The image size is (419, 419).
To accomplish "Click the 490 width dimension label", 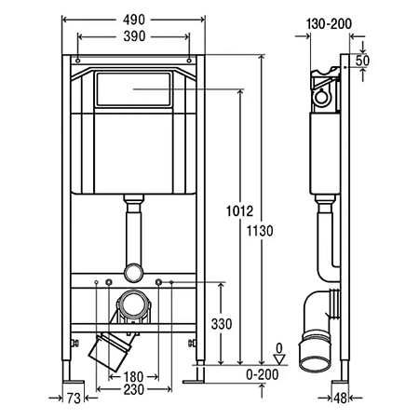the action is coord(134,20).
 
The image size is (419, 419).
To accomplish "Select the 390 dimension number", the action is coord(134,36).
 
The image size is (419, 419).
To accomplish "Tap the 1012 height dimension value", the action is coord(239,211).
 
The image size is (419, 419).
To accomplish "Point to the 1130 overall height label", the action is coord(260,231).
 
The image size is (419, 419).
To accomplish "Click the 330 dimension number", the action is coord(222,324).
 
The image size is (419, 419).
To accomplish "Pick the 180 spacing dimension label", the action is coord(133,377).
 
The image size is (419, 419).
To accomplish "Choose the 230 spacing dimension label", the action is coord(134,390).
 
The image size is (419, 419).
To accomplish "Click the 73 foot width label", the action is coord(74,399).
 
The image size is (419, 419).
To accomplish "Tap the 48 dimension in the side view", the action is coord(340,399).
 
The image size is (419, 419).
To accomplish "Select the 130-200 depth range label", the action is coord(329,24).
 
